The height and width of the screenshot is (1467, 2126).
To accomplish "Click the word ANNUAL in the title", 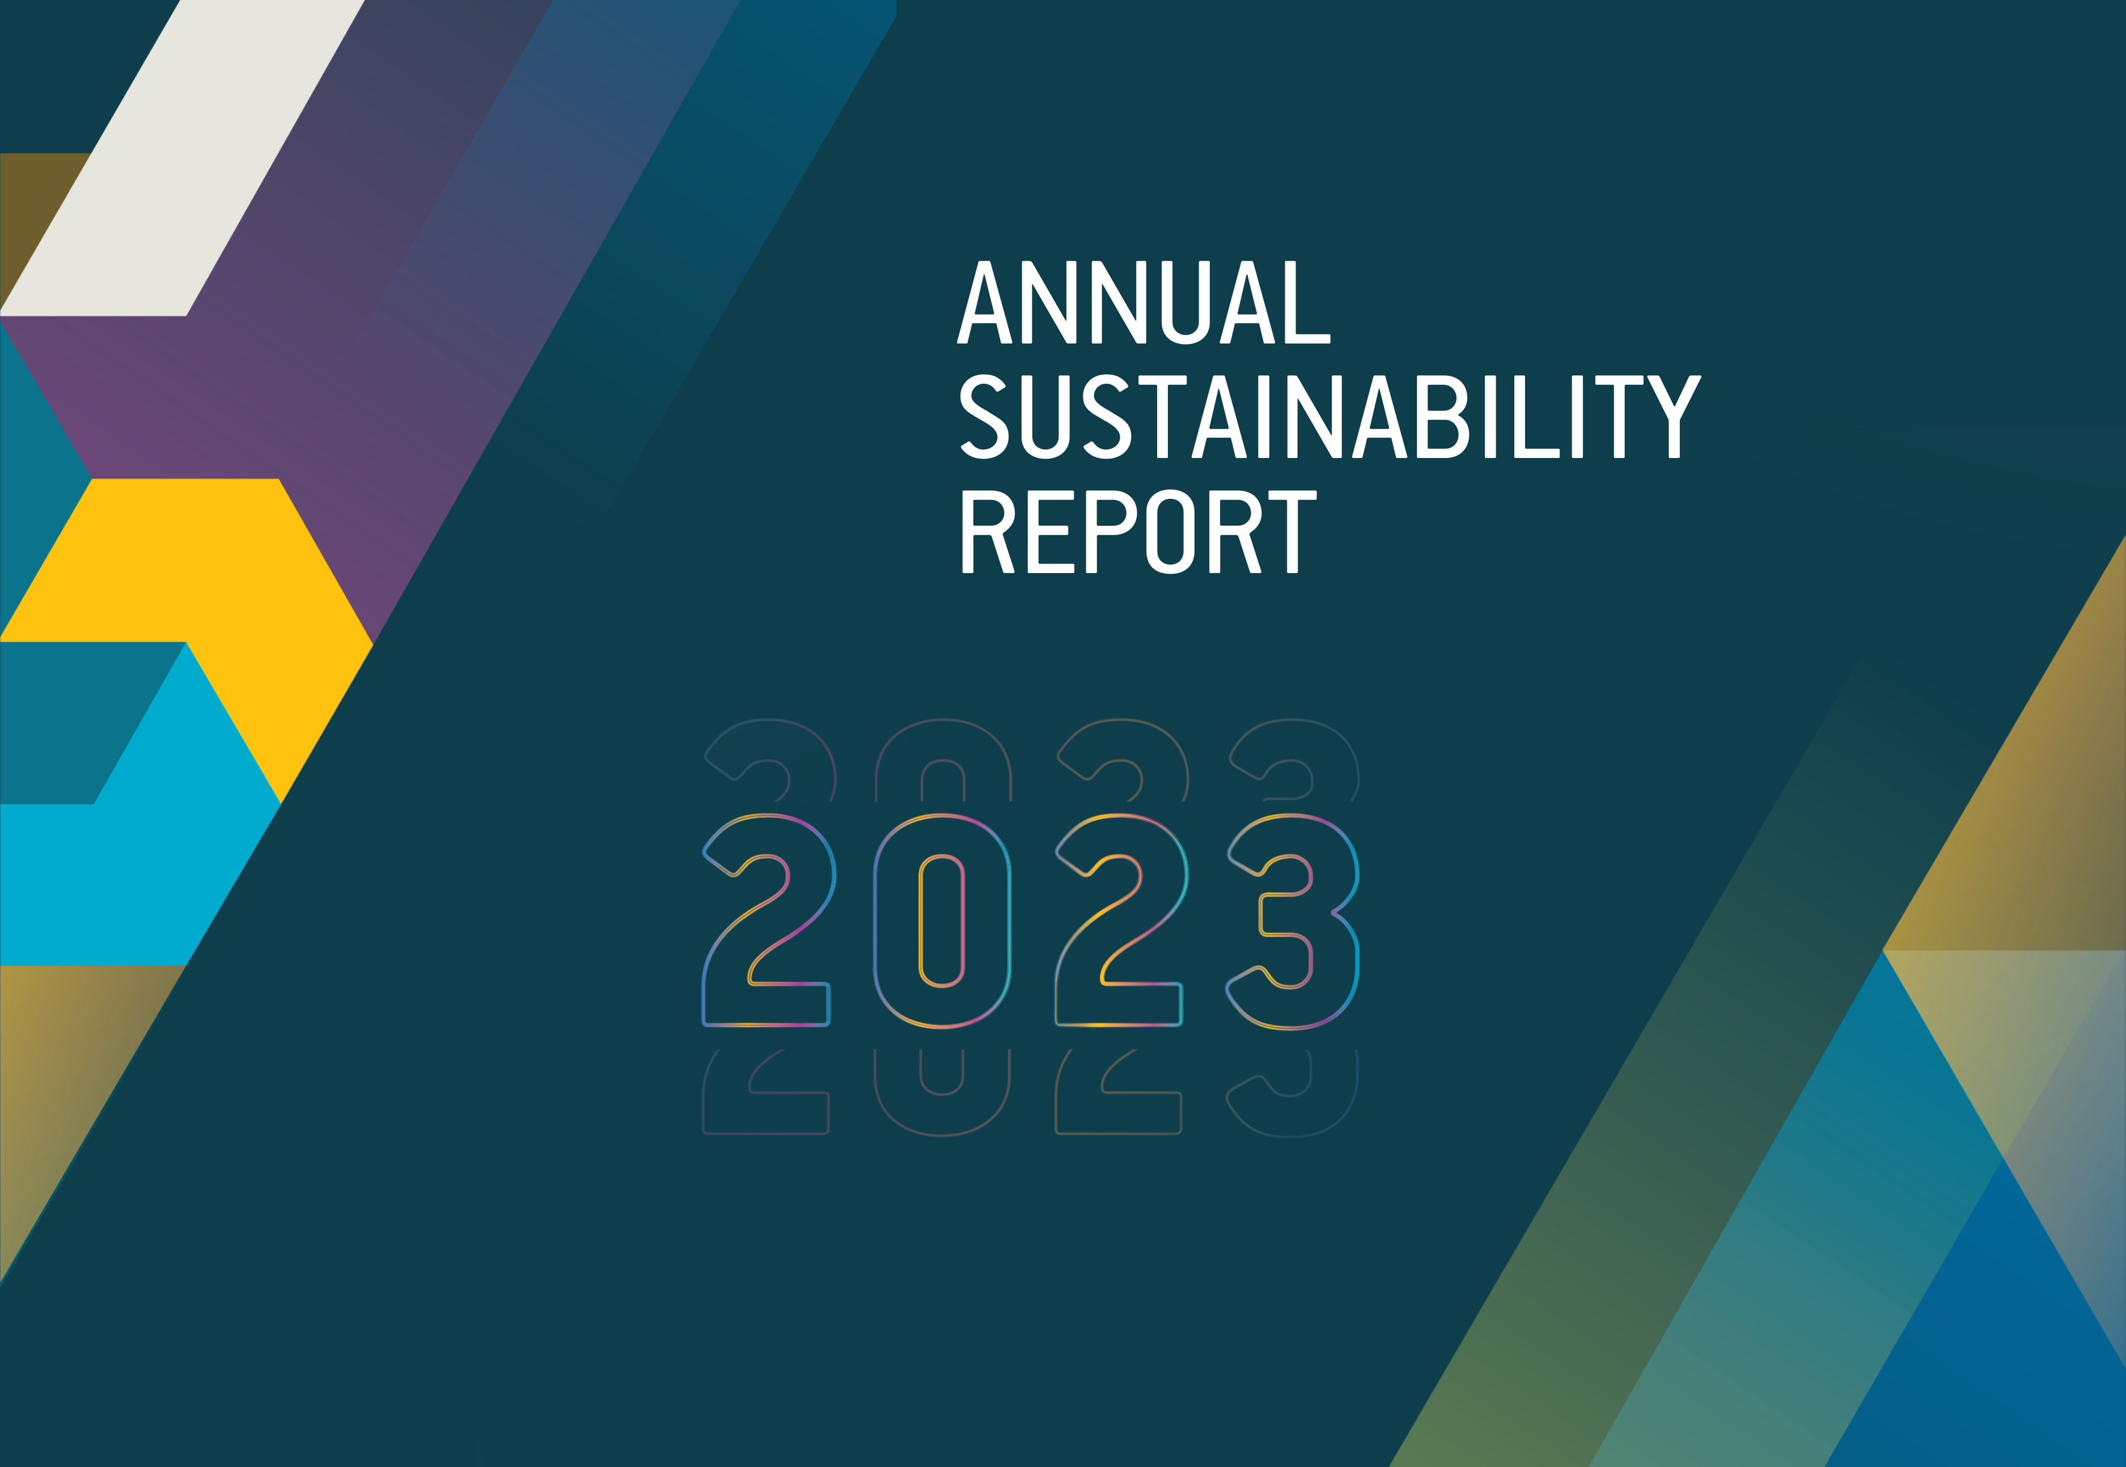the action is [1144, 302].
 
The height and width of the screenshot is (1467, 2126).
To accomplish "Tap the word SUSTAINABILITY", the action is [1330, 417].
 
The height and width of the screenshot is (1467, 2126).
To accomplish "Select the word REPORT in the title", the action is [1139, 531].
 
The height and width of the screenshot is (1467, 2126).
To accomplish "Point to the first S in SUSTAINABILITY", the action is [984, 417].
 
